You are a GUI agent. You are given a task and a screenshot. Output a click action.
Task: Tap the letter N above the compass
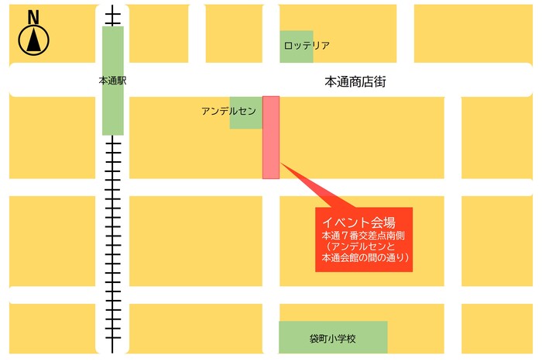pos(33,16)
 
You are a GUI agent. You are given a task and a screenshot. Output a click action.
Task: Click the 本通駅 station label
pos(112,81)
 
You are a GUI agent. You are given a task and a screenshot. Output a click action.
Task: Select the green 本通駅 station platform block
pos(113,109)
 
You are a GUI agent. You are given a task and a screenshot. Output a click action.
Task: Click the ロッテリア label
pos(307,46)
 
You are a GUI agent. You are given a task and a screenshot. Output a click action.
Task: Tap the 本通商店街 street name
pos(355,81)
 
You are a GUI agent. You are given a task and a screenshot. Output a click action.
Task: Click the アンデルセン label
pos(228,112)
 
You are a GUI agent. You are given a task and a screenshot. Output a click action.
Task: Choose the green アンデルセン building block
pos(246,120)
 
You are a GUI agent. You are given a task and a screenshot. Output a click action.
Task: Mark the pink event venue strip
pos(271,137)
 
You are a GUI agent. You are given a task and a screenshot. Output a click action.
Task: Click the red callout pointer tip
pos(282,164)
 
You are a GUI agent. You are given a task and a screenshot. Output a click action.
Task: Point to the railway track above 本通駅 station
pos(113,16)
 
